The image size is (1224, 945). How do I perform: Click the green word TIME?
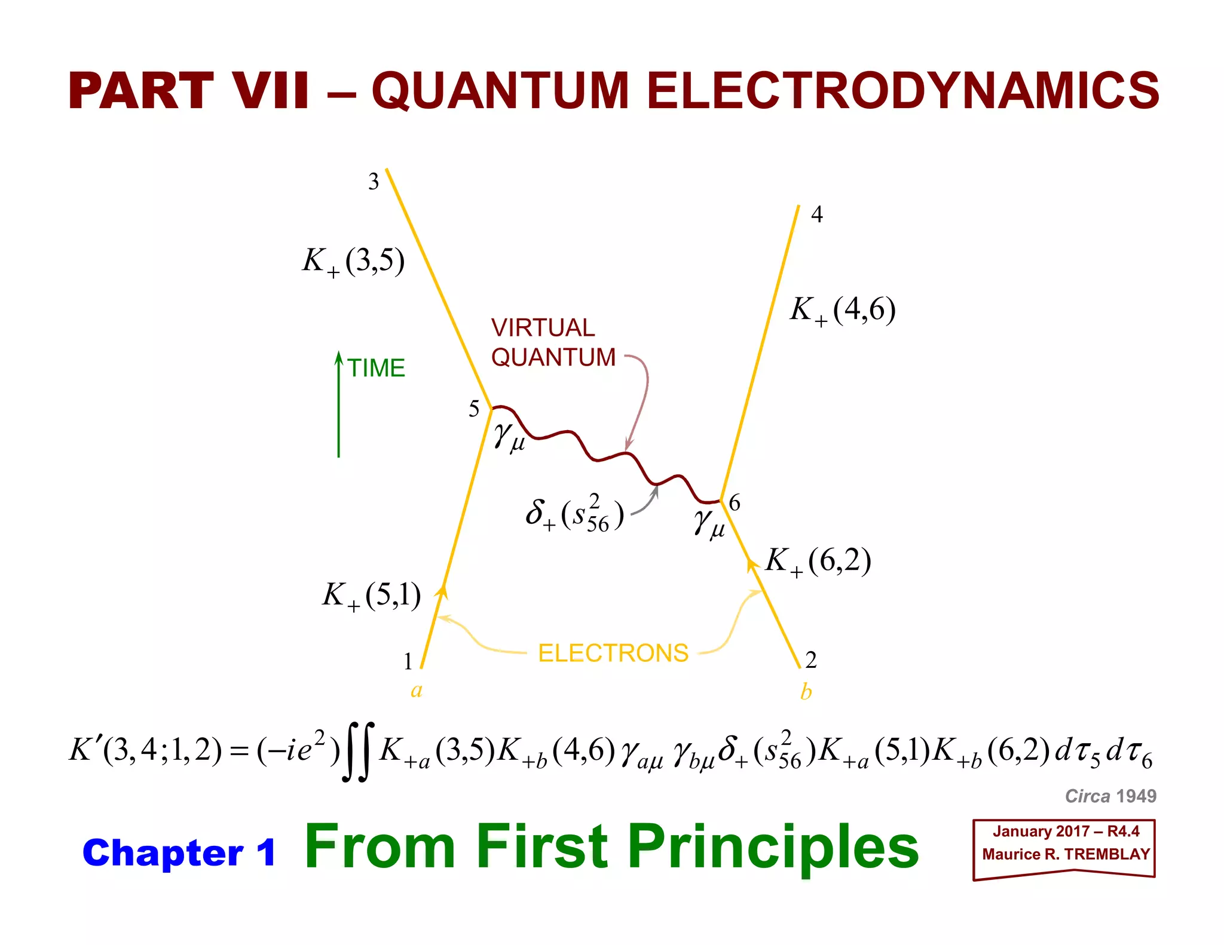(x=376, y=368)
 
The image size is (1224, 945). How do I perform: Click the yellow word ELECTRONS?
(x=613, y=653)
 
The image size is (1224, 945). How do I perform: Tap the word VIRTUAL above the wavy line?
(x=543, y=327)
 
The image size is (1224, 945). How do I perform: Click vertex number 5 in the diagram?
(x=474, y=409)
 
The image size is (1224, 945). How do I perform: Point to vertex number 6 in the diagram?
(x=735, y=503)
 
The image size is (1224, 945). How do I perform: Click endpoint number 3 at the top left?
(x=374, y=182)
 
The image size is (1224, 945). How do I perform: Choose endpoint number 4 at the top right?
(x=816, y=214)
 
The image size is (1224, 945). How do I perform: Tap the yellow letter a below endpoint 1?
(x=417, y=690)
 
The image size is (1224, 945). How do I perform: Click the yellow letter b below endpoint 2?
(x=806, y=692)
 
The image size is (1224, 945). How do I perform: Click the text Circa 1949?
(x=1110, y=796)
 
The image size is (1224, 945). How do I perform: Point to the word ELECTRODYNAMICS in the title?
(x=902, y=91)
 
